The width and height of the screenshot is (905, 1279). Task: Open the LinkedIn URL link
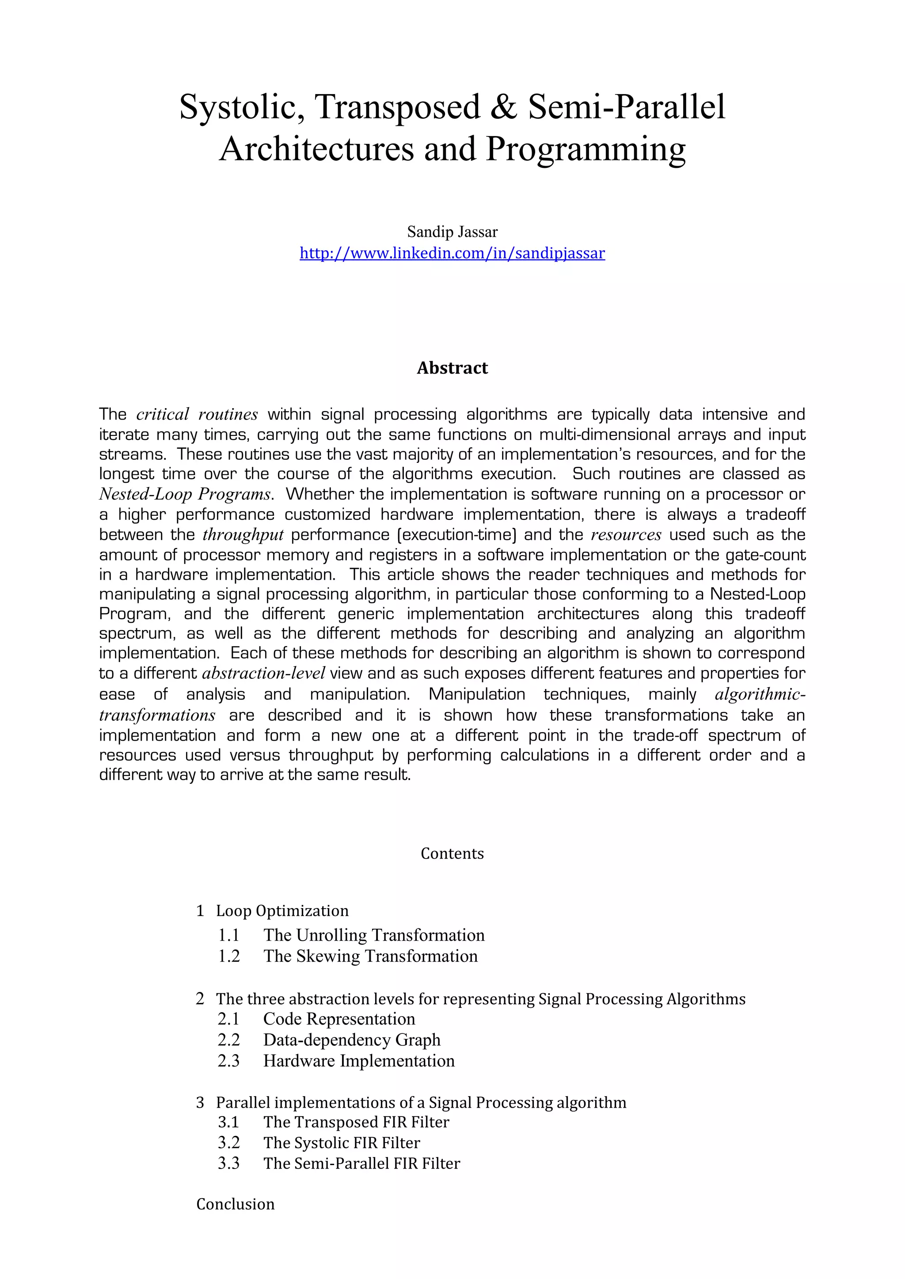pos(452,254)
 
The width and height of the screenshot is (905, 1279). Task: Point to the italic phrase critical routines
pos(197,414)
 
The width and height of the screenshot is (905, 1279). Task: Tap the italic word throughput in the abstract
pos(243,535)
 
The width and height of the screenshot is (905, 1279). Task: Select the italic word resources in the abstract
pos(626,535)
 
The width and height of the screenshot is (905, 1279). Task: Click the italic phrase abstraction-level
pos(263,674)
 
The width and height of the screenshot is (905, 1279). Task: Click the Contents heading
pos(452,853)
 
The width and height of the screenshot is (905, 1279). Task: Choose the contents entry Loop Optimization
pos(282,911)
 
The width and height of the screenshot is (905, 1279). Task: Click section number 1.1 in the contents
pos(228,935)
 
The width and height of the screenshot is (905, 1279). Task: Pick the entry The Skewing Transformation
pos(371,957)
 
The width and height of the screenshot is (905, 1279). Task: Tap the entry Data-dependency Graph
pos(352,1040)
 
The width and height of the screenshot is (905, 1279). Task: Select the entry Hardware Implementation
pos(359,1061)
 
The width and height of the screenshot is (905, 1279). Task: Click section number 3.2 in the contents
pos(228,1143)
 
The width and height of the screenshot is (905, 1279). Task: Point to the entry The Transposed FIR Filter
pos(356,1122)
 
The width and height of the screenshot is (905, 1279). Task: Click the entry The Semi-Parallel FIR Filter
pos(361,1164)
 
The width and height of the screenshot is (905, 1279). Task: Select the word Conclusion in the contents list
pos(235,1204)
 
